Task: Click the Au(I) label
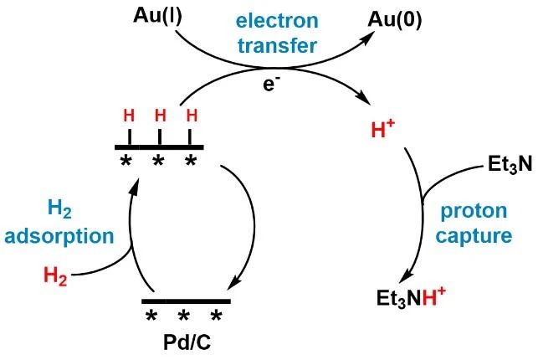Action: pos(157,17)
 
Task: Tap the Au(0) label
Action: pos(395,21)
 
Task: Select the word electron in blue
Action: pos(277,21)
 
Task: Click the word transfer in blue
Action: pos(277,45)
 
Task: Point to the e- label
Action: pos(269,84)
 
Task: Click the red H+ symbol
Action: pos(383,129)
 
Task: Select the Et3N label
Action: pos(510,164)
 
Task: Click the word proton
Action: pos(474,212)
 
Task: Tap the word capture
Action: pos(474,236)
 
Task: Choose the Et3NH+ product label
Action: pos(411,297)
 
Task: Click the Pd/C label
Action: pos(187,342)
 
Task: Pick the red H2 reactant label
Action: pos(55,275)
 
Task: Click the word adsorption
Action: pos(59,236)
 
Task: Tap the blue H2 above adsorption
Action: pos(59,208)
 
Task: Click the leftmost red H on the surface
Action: pos(129,116)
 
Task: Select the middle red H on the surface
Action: pos(161,116)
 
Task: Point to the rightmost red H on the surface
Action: pos(192,116)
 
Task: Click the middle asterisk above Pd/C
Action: pos(183,315)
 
